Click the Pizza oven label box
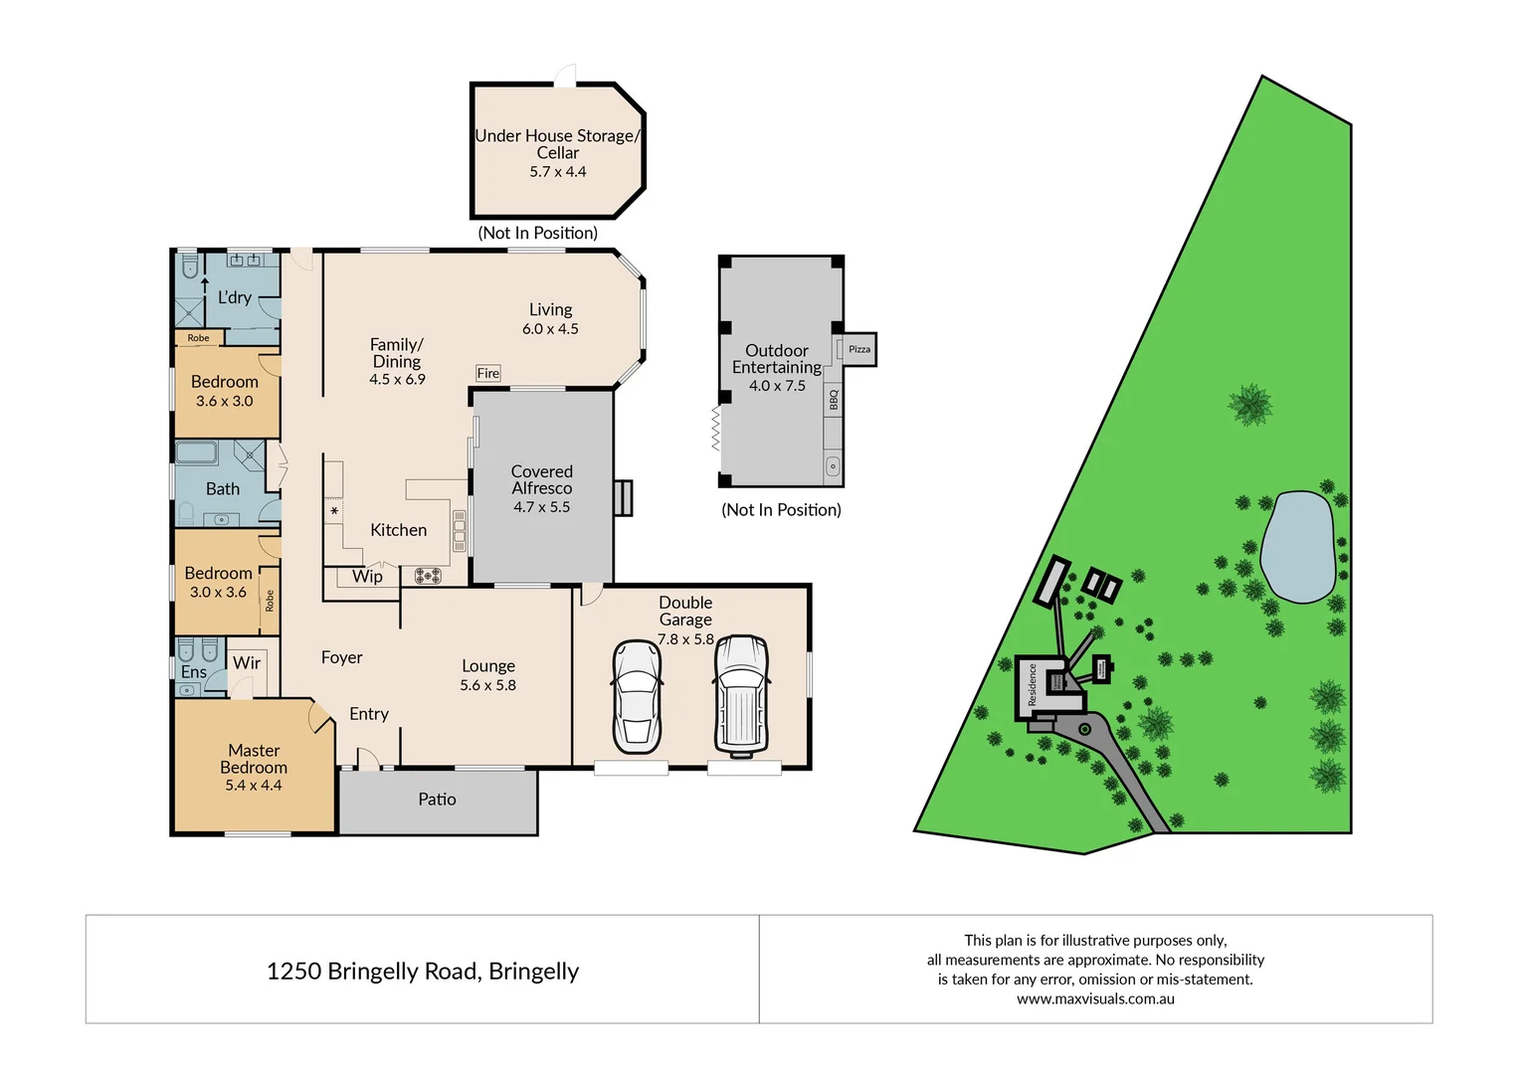tap(859, 349)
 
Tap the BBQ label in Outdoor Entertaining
tap(834, 400)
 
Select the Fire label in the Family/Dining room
tap(487, 374)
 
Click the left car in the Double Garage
tap(636, 696)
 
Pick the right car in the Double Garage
tap(741, 694)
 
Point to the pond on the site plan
tap(1297, 547)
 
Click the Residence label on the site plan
tap(1032, 685)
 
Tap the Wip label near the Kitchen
tap(367, 577)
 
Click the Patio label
tap(437, 800)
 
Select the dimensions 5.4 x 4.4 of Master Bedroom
tap(253, 786)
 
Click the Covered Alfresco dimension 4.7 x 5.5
tap(541, 507)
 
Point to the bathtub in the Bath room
tap(197, 453)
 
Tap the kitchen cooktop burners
tap(428, 575)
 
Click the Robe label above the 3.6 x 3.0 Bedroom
tap(199, 338)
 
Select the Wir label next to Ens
tap(247, 663)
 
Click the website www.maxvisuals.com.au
tap(1095, 999)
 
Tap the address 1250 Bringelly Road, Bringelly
tap(423, 972)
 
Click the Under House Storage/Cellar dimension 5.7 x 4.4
tap(557, 172)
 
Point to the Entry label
tap(368, 714)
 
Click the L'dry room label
tap(235, 297)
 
